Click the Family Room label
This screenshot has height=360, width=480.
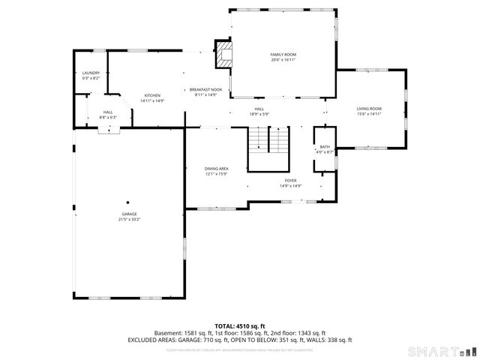tap(283, 55)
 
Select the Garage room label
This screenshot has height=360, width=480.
tap(128, 214)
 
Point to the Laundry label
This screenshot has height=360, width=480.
tap(90, 72)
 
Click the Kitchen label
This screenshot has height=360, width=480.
tap(152, 95)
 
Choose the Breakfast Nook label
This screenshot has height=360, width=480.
tap(205, 90)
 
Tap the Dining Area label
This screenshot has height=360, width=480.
tap(216, 169)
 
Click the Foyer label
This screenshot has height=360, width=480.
tap(290, 181)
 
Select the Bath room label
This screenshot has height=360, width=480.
tap(325, 147)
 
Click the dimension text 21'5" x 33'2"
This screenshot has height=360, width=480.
tap(128, 220)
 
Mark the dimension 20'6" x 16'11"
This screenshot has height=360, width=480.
tap(283, 60)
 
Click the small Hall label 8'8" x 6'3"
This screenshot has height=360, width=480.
tap(107, 117)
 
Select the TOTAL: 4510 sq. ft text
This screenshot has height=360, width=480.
tap(240, 326)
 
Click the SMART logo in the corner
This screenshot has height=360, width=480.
tap(440, 351)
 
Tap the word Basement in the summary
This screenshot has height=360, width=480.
tap(169, 333)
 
